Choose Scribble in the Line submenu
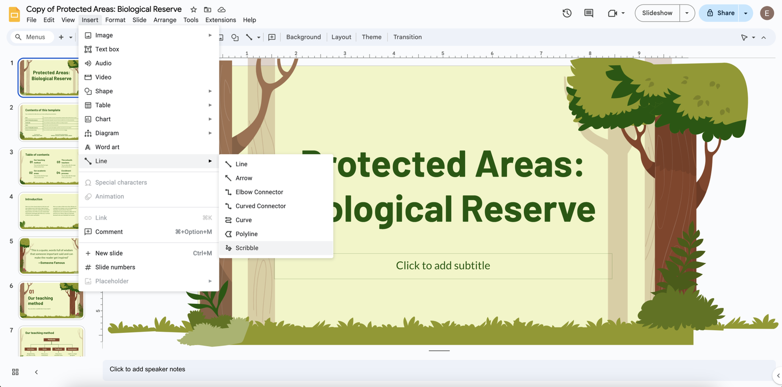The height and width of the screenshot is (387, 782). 247,248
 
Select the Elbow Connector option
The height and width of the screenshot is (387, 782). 259,192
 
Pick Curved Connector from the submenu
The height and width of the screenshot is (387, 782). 261,206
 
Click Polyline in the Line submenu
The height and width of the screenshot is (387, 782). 246,234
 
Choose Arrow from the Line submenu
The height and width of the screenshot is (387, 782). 244,178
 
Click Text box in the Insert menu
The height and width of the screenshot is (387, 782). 107,49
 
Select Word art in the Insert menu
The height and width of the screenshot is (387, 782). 107,147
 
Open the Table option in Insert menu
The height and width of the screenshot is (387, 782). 103,105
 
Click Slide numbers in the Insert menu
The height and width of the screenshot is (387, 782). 115,267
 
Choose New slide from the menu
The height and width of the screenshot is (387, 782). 109,253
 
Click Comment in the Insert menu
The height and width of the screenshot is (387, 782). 109,232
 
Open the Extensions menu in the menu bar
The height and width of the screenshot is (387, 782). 220,20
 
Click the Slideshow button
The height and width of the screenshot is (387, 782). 657,13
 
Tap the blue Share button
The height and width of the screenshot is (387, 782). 721,13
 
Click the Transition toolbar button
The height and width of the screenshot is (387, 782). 407,37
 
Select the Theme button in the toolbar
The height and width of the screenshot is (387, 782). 371,37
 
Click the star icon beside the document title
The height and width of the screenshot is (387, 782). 194,10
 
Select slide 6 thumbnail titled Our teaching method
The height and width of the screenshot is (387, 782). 51,300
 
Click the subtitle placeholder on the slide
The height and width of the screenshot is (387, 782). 443,266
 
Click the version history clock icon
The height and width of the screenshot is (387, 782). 567,13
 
